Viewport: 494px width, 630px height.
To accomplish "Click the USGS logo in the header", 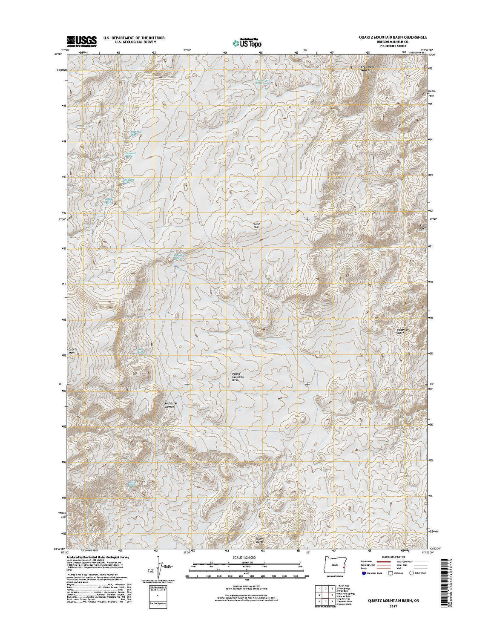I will point(81,40).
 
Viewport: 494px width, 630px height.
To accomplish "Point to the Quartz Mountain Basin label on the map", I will point(238,377).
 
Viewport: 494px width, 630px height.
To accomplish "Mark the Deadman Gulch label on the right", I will point(397,331).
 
